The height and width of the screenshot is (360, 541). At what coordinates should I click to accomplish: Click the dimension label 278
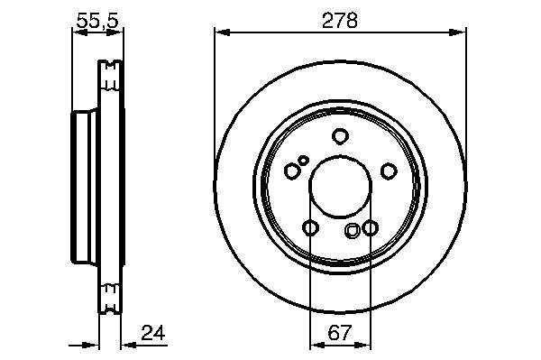(x=340, y=21)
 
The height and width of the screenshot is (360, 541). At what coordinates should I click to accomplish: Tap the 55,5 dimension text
(x=97, y=21)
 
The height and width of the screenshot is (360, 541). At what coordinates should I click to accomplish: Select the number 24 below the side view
(x=153, y=333)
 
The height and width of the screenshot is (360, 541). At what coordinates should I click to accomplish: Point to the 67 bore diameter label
(x=340, y=333)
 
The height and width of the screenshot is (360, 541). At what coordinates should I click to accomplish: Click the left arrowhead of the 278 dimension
(x=222, y=32)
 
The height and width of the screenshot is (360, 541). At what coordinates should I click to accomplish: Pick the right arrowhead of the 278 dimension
(x=457, y=32)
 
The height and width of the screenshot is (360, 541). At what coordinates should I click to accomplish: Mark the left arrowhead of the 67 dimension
(x=317, y=345)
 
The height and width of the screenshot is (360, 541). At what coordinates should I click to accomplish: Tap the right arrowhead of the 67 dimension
(x=363, y=345)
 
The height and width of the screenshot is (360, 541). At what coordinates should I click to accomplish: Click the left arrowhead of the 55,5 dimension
(x=79, y=32)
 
